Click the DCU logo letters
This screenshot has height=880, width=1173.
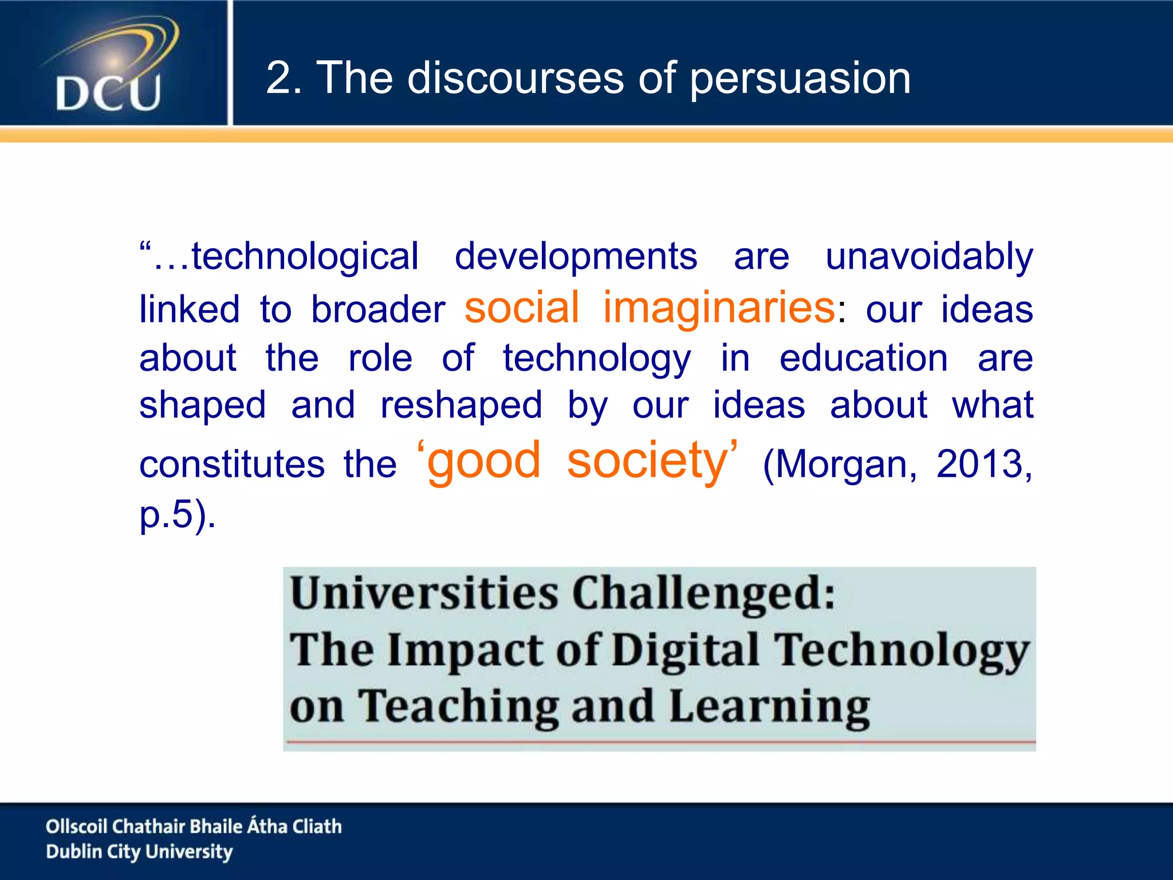pos(108,93)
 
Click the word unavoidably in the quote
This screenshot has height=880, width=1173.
pos(929,256)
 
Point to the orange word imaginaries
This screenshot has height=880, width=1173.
pos(719,308)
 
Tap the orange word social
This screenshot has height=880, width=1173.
pos(522,308)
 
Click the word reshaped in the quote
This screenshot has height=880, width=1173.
pos(461,405)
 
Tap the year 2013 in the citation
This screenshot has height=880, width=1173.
pos(979,463)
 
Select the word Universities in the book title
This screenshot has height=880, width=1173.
pos(424,593)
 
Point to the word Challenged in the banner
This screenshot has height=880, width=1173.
pos(703,593)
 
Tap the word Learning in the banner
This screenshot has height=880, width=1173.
pos(769,707)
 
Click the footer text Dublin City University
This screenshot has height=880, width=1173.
pos(139,851)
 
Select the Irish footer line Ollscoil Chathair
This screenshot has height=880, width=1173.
pos(194,826)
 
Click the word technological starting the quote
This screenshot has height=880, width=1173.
pos(305,256)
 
